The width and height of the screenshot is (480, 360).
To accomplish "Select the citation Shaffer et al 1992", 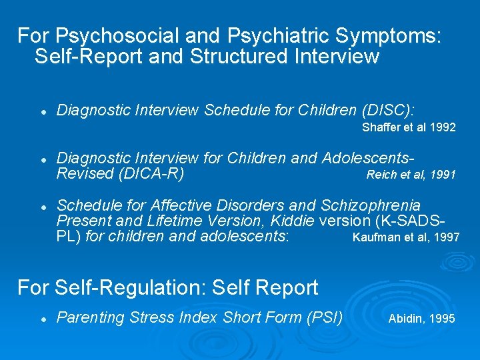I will (x=409, y=127).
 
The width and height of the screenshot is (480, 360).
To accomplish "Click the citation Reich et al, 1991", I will (x=411, y=175).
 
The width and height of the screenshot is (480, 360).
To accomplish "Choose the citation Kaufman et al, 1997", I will (x=405, y=237).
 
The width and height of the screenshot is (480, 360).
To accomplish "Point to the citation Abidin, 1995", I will (x=421, y=319).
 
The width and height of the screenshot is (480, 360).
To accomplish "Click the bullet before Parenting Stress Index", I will (x=42, y=319).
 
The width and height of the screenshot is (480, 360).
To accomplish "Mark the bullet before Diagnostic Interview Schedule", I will (x=42, y=111).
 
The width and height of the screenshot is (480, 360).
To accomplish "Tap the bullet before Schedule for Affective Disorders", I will (x=42, y=206).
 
